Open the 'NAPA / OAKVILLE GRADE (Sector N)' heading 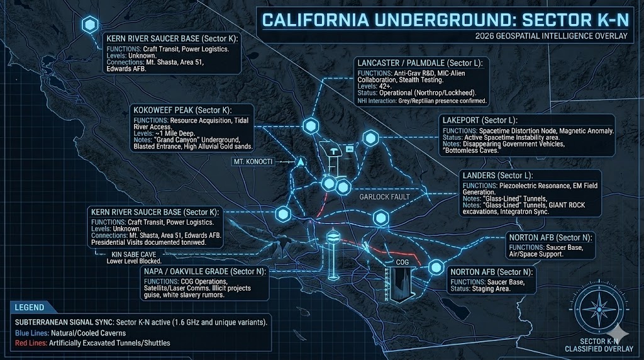pos(206,271)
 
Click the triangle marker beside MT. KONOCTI pos(301,162)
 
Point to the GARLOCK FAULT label pos(384,197)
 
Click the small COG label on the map pos(402,261)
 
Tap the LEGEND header pos(31,308)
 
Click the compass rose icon pos(597,309)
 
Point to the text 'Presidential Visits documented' pos(131,242)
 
